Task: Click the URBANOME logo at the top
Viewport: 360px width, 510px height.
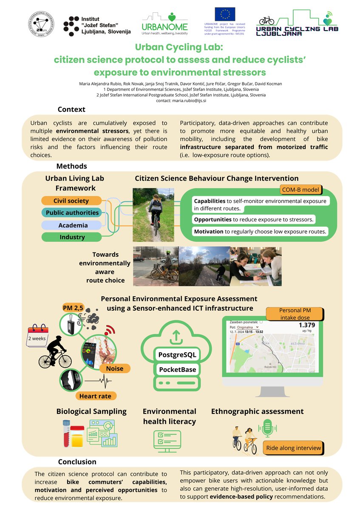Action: (169, 23)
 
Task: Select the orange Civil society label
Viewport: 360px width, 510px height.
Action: (71, 201)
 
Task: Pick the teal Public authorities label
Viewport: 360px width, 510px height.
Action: (72, 212)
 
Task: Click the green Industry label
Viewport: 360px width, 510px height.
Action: (72, 237)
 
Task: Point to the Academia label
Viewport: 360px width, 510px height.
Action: (72, 225)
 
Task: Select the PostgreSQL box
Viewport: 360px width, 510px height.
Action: (177, 354)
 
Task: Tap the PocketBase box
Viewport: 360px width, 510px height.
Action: (177, 369)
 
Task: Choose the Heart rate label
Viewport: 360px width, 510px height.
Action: (96, 396)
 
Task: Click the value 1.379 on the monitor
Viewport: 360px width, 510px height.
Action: (301, 324)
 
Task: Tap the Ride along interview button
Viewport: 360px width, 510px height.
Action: (293, 448)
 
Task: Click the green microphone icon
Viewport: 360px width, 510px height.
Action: (268, 428)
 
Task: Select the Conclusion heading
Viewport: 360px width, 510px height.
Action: (77, 462)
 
